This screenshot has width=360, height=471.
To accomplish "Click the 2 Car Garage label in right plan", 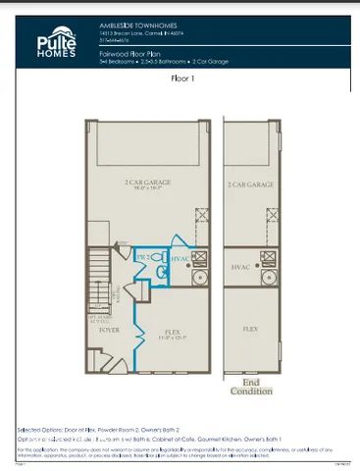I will [x=250, y=183].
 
